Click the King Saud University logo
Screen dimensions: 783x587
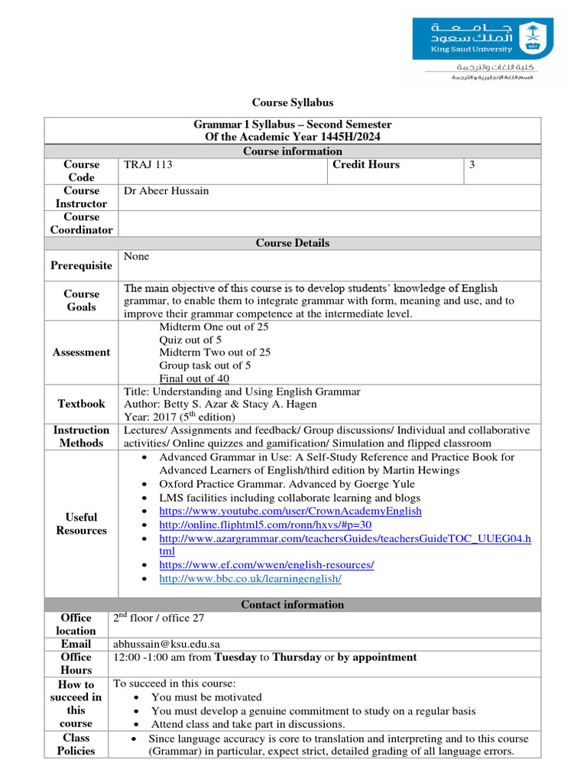(488, 40)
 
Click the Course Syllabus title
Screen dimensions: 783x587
(293, 102)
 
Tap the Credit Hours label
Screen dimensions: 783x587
(366, 164)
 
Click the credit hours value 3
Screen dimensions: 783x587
(472, 164)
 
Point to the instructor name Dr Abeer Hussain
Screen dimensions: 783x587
(166, 190)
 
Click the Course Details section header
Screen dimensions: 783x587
(293, 243)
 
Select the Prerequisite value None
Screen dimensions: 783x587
(136, 257)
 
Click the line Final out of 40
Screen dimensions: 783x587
(193, 379)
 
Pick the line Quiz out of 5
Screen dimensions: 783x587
(190, 340)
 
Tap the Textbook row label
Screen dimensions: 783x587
(81, 403)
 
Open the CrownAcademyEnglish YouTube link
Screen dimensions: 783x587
(290, 511)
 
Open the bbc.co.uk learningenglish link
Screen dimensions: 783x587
(250, 579)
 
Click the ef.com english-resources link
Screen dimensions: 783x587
(266, 565)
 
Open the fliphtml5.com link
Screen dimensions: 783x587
(264, 525)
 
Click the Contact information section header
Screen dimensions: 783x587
(293, 605)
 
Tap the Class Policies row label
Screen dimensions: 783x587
(76, 744)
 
